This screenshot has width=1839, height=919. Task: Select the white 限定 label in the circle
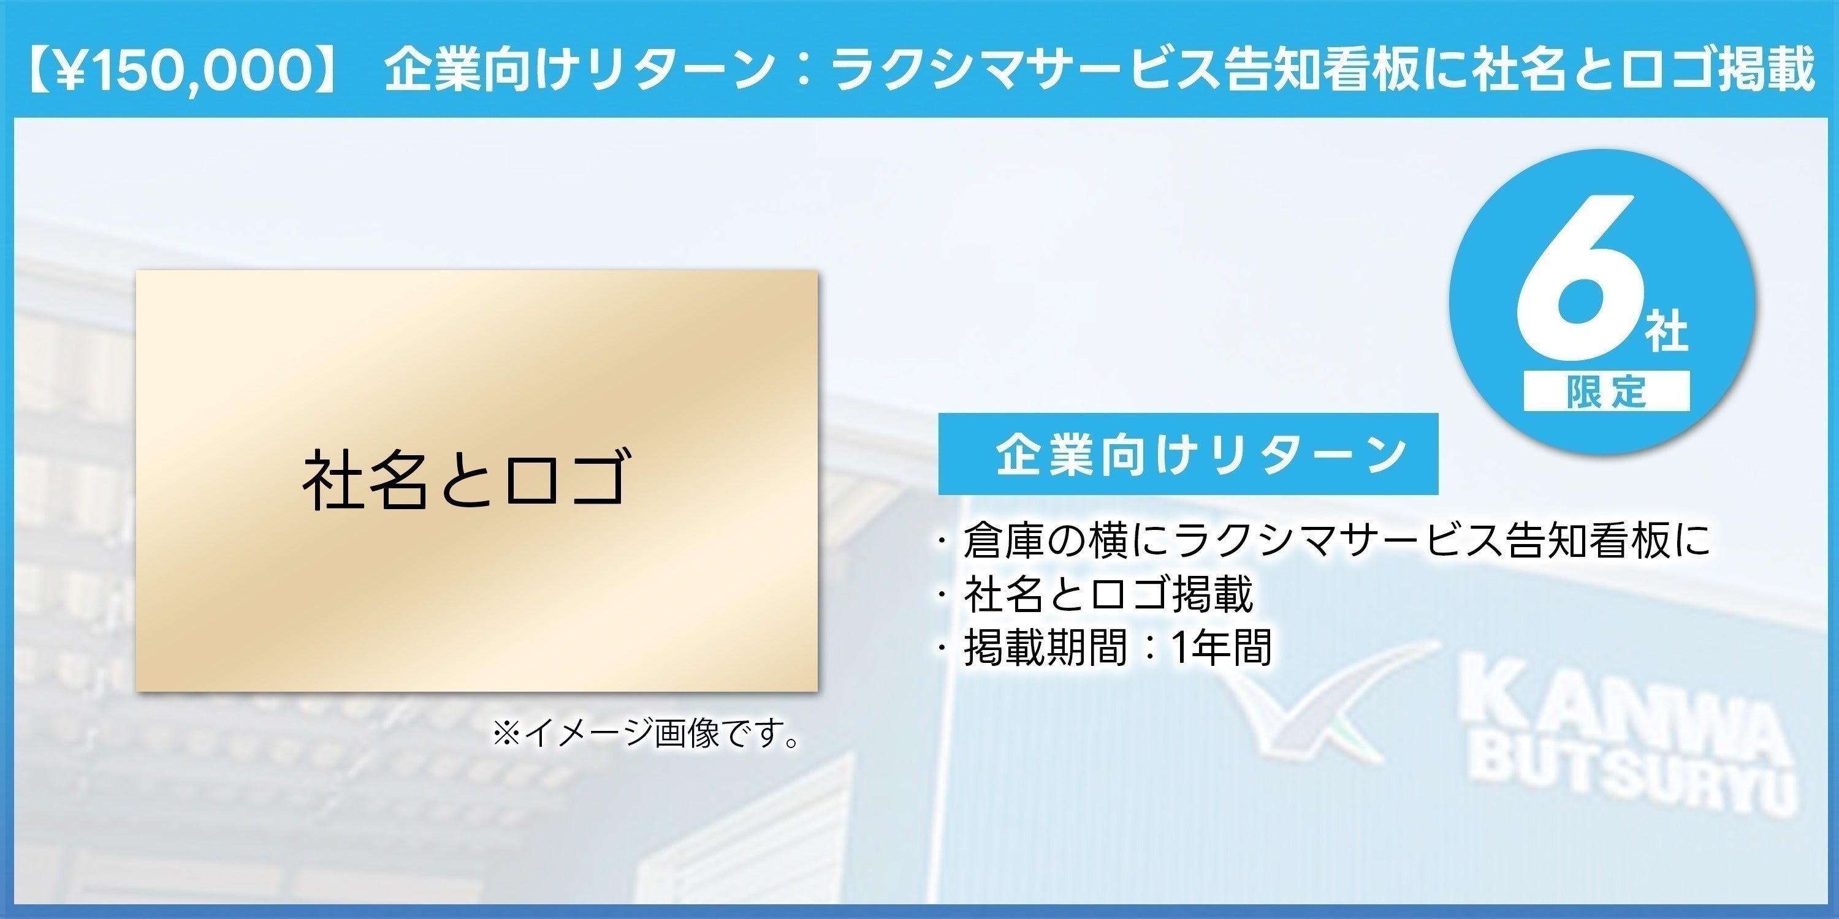(x=1606, y=391)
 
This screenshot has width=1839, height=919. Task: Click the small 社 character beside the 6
(x=1667, y=330)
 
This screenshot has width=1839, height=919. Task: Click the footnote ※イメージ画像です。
(x=647, y=733)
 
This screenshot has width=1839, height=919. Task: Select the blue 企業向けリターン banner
(x=1187, y=454)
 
